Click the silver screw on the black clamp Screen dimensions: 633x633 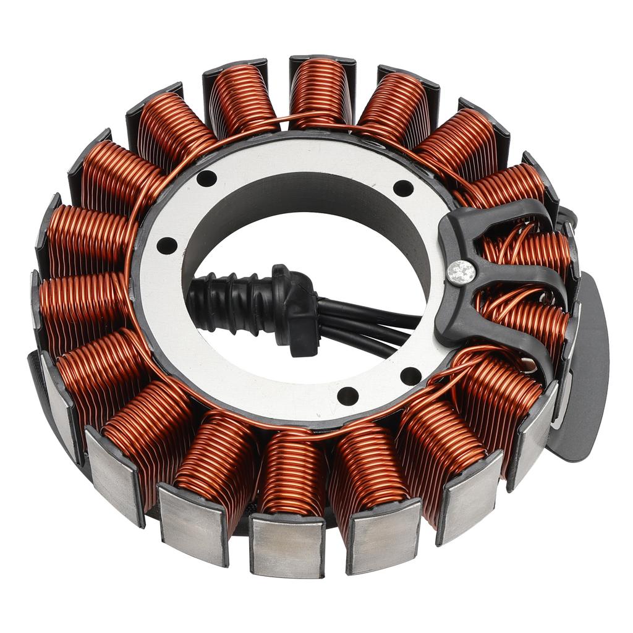(x=462, y=272)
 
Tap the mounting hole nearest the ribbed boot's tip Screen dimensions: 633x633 (x=166, y=245)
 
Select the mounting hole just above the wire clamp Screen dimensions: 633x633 (x=403, y=187)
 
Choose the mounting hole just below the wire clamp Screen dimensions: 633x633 (x=411, y=375)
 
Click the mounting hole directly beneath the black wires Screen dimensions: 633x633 (x=347, y=396)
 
